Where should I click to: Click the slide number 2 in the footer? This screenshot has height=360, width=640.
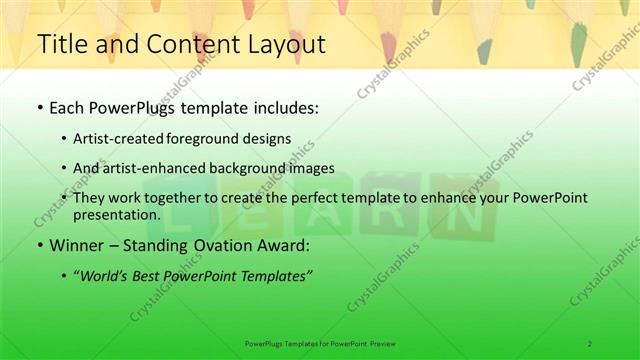click(x=590, y=343)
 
